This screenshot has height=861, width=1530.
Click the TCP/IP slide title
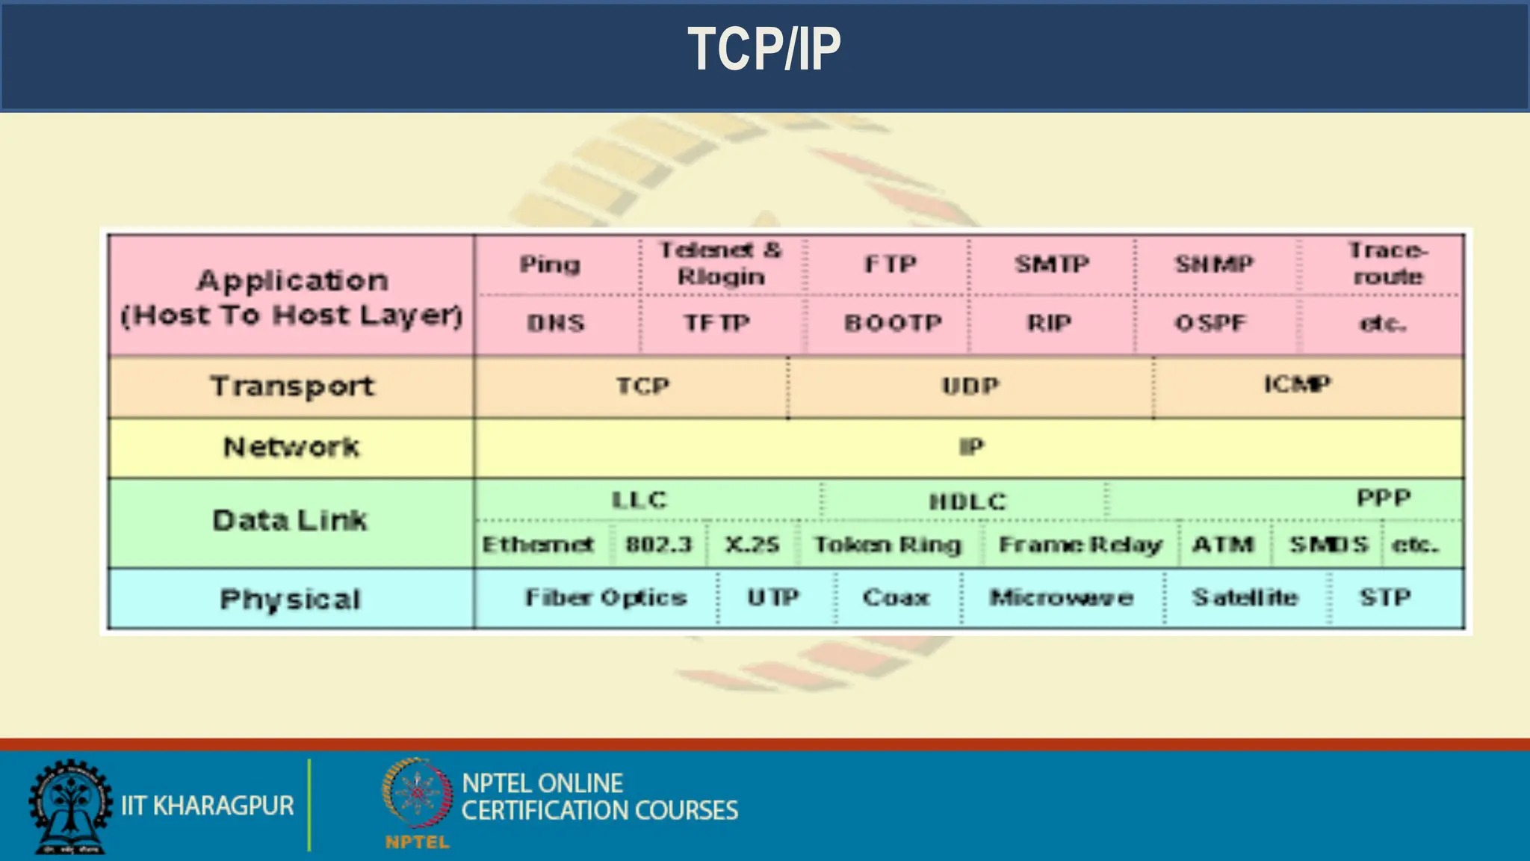click(x=764, y=49)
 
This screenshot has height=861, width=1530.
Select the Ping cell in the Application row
click(x=550, y=265)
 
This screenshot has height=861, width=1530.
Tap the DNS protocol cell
click(x=555, y=323)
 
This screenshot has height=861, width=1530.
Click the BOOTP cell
click(x=893, y=323)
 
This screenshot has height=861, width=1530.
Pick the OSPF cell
click(x=1210, y=323)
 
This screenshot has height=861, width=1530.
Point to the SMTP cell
click(x=1052, y=264)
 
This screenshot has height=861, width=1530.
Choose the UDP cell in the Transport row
click(x=970, y=386)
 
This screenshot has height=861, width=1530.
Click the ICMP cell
click(x=1297, y=384)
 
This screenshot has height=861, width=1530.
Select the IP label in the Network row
click(x=971, y=447)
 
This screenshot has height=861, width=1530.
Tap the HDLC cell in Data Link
click(x=967, y=501)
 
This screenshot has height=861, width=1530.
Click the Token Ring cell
click(x=888, y=545)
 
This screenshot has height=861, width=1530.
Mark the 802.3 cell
click(x=659, y=544)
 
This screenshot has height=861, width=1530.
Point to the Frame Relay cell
click(x=1080, y=545)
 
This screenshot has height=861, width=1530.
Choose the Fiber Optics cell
click(x=606, y=598)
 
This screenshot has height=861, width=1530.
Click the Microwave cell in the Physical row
click(x=1061, y=598)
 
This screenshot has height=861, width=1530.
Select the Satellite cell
click(x=1245, y=598)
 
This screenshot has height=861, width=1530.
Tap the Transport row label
click(x=291, y=387)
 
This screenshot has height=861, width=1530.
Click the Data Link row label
click(x=290, y=520)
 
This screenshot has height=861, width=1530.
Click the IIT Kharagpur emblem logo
click(x=70, y=806)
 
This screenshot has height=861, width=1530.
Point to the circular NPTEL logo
click(x=418, y=794)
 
